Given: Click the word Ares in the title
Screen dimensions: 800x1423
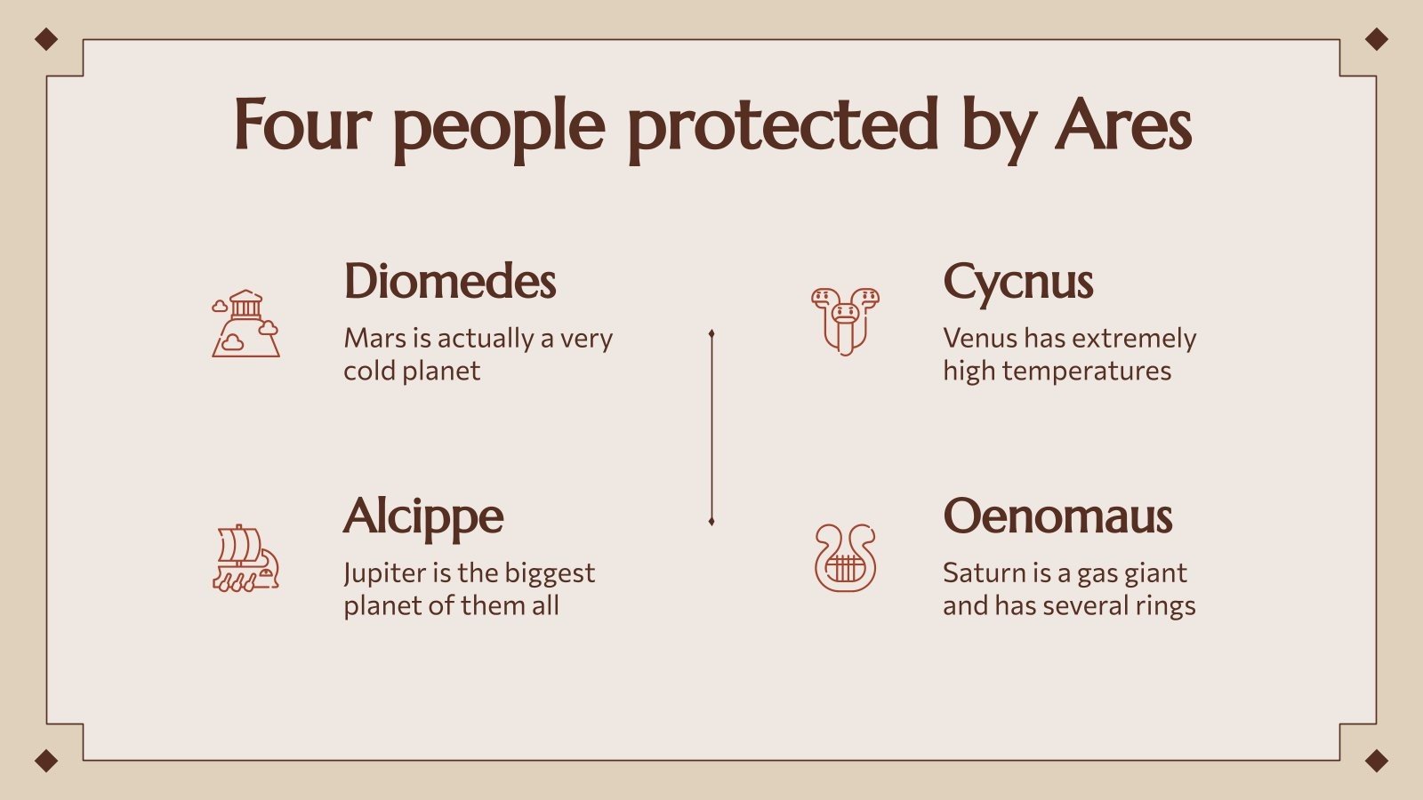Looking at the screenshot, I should pyautogui.click(x=1123, y=125).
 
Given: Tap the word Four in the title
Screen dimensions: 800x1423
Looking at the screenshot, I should pyautogui.click(x=301, y=125).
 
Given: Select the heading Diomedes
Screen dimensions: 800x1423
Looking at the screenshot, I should pyautogui.click(x=450, y=282).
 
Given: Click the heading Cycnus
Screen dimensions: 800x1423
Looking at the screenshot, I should pyautogui.click(x=1018, y=284).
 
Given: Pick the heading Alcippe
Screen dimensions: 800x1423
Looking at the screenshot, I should pyautogui.click(x=423, y=517).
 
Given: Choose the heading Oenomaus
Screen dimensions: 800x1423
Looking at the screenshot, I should pyautogui.click(x=1057, y=516).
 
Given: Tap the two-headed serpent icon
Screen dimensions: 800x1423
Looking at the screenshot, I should pyautogui.click(x=845, y=321).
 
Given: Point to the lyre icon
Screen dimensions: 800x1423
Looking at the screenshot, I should pyautogui.click(x=845, y=558).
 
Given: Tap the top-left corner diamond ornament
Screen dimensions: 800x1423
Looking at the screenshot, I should pyautogui.click(x=46, y=39).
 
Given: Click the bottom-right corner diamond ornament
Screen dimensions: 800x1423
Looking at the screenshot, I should pyautogui.click(x=1376, y=761).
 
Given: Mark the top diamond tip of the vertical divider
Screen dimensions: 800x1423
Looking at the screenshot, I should pyautogui.click(x=711, y=334).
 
